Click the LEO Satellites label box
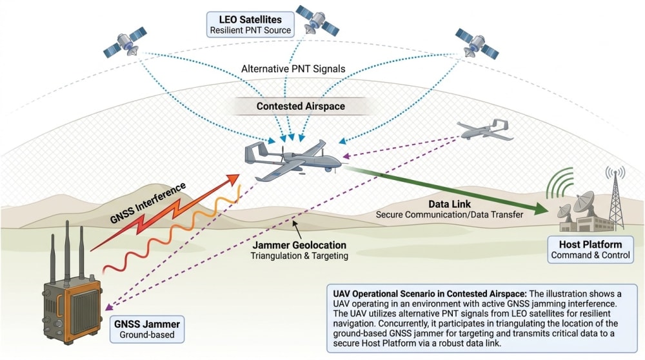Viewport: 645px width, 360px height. tap(250, 25)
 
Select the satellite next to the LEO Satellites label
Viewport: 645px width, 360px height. tap(317, 20)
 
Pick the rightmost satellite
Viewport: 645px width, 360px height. tap(477, 43)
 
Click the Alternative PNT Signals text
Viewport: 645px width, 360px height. tap(293, 68)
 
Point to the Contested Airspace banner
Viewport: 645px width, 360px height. tap(301, 106)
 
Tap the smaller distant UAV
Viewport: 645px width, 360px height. tap(486, 130)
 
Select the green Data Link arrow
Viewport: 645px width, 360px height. tap(447, 190)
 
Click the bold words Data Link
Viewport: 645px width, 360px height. tap(449, 204)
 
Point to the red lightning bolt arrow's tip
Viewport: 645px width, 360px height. tap(239, 175)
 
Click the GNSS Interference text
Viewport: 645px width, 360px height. tap(148, 203)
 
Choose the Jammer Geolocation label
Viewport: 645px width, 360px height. tap(299, 250)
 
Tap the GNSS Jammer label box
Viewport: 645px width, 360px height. tap(147, 329)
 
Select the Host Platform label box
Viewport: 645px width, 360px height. tap(590, 249)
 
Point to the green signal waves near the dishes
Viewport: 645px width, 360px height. tap(559, 183)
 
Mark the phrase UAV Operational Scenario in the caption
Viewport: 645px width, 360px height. tap(384, 294)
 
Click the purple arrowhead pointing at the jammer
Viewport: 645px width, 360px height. tap(108, 306)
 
